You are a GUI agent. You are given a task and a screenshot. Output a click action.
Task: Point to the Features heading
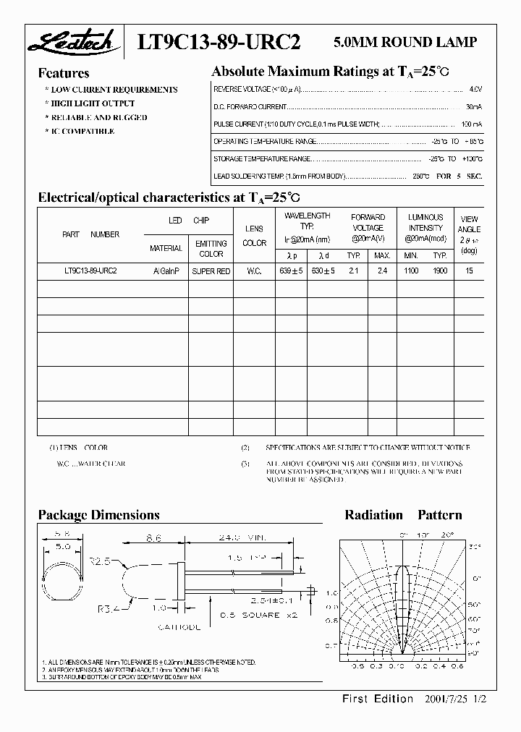coord(64,73)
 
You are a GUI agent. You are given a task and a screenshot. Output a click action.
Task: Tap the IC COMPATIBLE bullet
coord(81,131)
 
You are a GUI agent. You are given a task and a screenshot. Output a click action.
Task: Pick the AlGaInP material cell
coord(166,271)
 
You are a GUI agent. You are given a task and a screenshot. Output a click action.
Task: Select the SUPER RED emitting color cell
coord(211,271)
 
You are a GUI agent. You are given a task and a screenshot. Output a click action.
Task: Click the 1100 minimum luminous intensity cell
coord(411,271)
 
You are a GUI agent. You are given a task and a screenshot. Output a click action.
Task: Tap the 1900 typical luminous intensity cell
coord(439,271)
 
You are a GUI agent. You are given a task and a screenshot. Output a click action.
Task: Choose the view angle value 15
coord(470,271)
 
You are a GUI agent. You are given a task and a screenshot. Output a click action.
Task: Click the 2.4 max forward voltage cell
coord(382,271)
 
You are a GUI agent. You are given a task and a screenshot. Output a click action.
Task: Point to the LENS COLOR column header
coord(254,236)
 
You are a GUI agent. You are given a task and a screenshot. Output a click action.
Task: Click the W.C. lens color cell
coord(254,271)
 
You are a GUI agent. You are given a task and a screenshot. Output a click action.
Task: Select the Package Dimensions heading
coord(98,515)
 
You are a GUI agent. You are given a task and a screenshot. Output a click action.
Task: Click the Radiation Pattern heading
coord(403,515)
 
